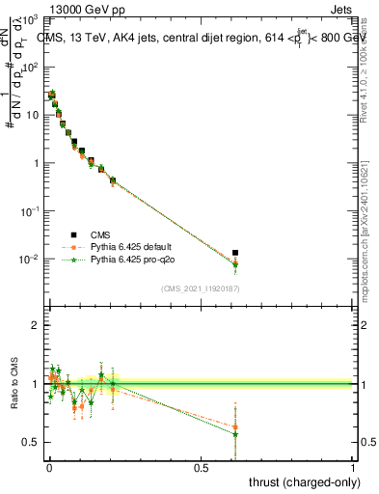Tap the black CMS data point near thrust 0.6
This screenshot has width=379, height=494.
point(235,253)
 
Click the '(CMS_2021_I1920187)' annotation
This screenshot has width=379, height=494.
point(200,288)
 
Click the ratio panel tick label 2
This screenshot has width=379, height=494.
point(35,325)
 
